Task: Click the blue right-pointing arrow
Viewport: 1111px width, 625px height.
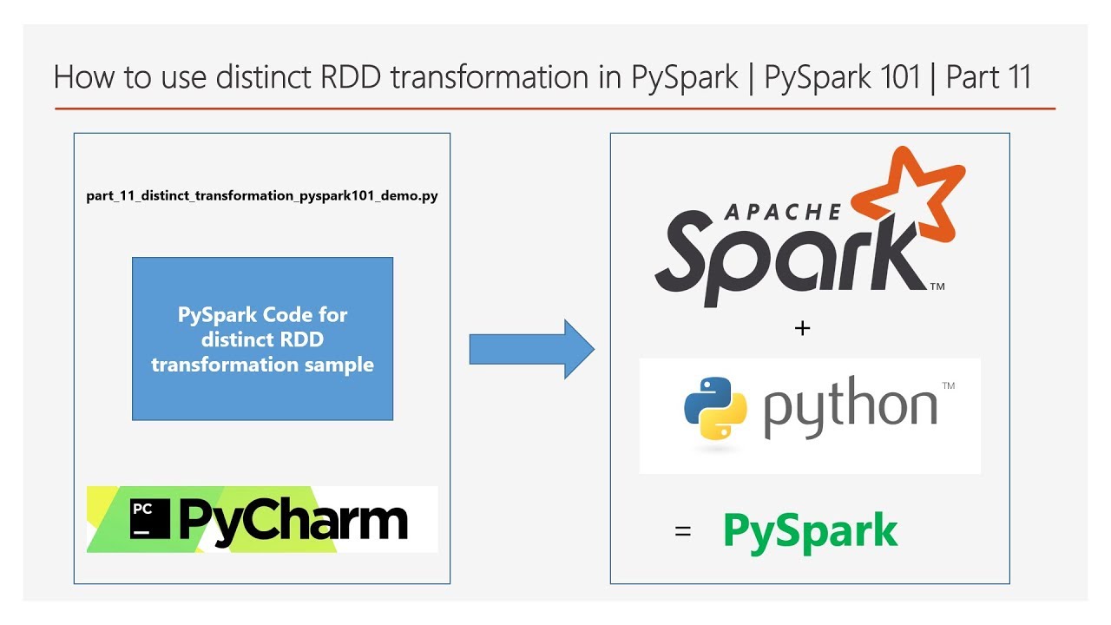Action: point(532,349)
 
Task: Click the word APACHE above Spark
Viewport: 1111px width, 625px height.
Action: point(782,213)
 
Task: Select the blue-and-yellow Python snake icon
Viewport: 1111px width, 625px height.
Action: point(715,408)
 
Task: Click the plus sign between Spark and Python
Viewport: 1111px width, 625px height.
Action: point(802,328)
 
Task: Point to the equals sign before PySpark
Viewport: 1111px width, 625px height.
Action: point(683,532)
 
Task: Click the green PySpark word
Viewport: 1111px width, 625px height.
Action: point(811,533)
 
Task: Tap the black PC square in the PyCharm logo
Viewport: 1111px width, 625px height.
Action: point(150,519)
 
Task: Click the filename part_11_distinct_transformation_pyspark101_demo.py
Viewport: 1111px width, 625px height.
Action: point(262,196)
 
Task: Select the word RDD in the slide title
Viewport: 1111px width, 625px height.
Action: point(351,77)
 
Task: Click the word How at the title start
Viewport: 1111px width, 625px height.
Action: point(84,77)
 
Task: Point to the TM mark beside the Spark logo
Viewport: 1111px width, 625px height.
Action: point(937,286)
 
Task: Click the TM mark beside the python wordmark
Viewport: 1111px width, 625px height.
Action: point(949,385)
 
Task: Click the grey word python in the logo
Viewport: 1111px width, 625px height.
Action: point(850,407)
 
